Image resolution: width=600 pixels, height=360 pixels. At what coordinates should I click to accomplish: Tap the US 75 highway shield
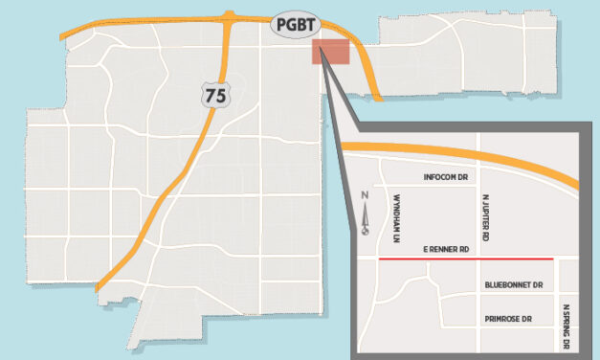pyautogui.click(x=214, y=93)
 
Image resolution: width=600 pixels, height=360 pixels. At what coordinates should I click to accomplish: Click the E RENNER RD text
pyautogui.click(x=445, y=250)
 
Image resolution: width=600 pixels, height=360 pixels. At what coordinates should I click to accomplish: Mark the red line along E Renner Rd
pyautogui.click(x=466, y=259)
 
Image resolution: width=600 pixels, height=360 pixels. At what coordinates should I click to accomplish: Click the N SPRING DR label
pyautogui.click(x=567, y=326)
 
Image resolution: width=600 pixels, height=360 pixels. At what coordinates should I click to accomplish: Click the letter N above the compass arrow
pyautogui.click(x=365, y=197)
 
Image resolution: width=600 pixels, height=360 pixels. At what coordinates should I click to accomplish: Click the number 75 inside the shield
pyautogui.click(x=214, y=94)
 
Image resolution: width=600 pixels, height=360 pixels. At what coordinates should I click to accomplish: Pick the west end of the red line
pyautogui.click(x=381, y=259)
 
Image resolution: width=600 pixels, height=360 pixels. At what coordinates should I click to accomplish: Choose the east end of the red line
pyautogui.click(x=553, y=259)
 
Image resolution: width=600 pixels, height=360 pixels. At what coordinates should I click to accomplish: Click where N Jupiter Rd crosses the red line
pyautogui.click(x=478, y=259)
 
